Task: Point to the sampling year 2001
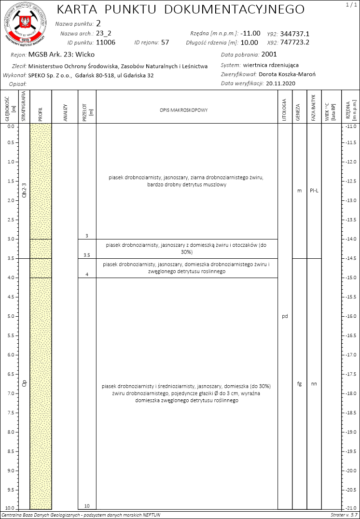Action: click(269, 54)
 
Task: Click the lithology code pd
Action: click(285, 316)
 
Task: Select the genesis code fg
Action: click(299, 384)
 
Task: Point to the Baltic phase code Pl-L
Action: click(314, 190)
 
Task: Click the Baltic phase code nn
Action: click(314, 384)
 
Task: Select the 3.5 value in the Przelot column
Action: click(87, 255)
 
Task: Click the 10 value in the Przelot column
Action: click(87, 505)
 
